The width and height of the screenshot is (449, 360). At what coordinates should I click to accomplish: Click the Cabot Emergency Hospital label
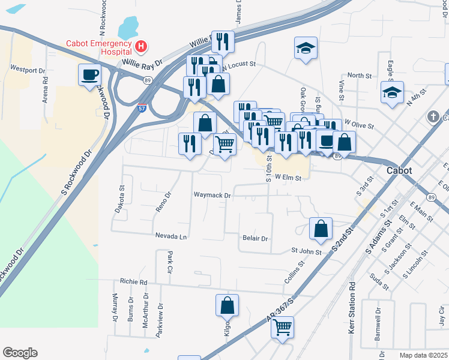[x=98, y=47]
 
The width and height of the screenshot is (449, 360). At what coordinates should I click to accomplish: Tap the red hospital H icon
[x=141, y=46]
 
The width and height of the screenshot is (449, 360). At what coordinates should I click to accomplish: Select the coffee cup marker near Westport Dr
[x=90, y=76]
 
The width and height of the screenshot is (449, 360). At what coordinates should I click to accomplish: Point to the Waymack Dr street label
[x=212, y=196]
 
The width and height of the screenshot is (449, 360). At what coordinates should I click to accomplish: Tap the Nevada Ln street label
[x=171, y=236]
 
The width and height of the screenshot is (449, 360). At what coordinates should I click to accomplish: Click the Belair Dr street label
[x=255, y=238]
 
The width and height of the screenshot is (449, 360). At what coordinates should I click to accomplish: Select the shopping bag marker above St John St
[x=321, y=229]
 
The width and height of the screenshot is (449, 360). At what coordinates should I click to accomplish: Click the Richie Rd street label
[x=133, y=281]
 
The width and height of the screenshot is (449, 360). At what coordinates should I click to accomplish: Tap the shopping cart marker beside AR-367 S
[x=282, y=328]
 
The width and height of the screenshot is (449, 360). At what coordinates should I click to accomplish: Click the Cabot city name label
[x=399, y=170]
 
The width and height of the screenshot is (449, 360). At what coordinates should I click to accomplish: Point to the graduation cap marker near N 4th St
[x=392, y=94]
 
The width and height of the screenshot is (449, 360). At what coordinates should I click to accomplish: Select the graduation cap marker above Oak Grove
[x=306, y=49]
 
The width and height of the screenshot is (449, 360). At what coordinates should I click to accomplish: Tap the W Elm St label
[x=287, y=177]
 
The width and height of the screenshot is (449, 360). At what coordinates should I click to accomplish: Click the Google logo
[x=20, y=353]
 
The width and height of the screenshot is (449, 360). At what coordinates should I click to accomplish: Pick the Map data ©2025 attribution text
[x=423, y=355]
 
